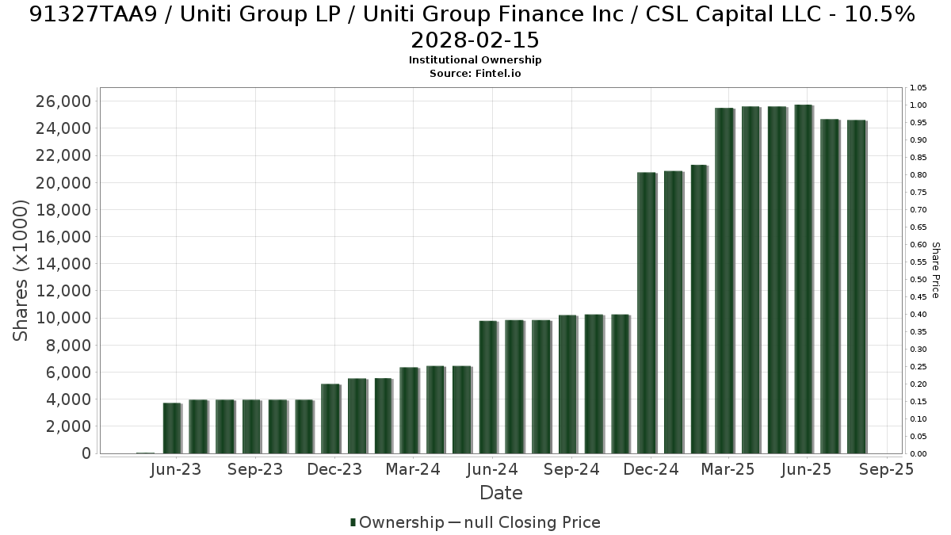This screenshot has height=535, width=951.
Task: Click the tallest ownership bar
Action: (804, 279)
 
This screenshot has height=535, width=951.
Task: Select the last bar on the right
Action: (857, 287)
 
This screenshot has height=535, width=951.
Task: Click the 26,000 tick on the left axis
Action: (63, 101)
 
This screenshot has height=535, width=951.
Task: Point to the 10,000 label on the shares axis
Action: (63, 318)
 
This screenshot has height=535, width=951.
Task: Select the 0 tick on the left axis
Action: (86, 453)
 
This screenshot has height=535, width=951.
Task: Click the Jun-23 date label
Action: (176, 469)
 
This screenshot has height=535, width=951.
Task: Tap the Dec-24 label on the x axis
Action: (651, 469)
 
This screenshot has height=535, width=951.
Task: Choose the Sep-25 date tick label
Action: (886, 469)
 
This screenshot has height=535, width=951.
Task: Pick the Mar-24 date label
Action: (413, 469)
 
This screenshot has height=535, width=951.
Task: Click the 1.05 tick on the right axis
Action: (918, 88)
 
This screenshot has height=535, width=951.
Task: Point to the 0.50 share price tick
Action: (918, 279)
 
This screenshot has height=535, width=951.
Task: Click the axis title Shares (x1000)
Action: (21, 270)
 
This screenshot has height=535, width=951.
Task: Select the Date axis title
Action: (501, 493)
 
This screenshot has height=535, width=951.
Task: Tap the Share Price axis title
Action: (935, 270)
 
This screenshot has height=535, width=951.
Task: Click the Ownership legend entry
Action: (397, 522)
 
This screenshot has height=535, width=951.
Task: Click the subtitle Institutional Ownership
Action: (475, 60)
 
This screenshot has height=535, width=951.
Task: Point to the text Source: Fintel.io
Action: (475, 74)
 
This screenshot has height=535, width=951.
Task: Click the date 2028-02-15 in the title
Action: (475, 40)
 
